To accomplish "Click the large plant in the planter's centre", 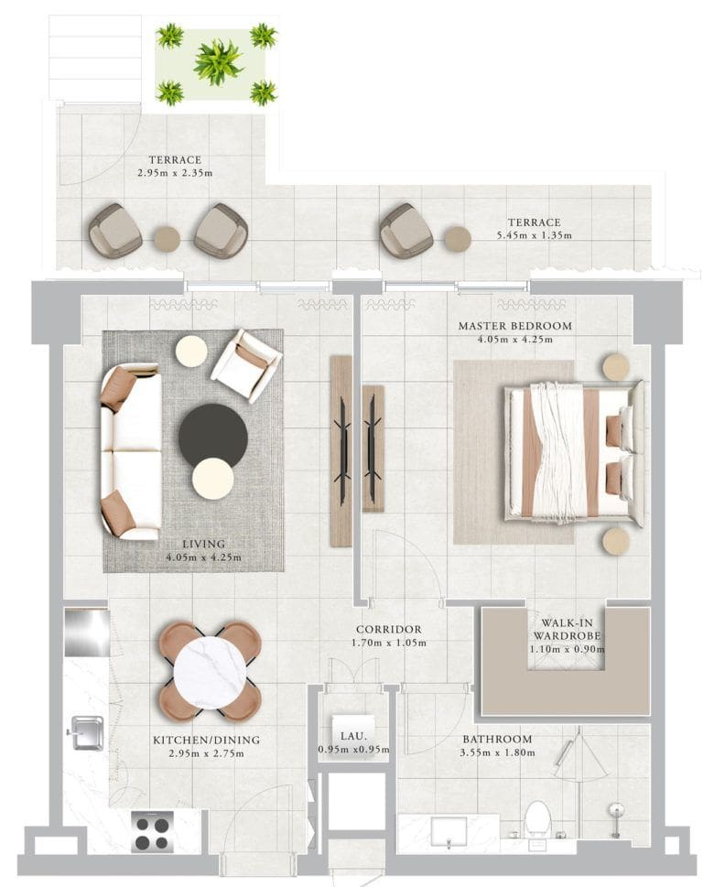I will pos(218,62).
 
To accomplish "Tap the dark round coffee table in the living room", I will pos(212,436).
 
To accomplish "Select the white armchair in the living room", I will pos(245,364).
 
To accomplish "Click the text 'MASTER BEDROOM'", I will pos(514,326).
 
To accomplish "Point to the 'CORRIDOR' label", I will pos(389,630).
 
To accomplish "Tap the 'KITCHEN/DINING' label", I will pos(206,741).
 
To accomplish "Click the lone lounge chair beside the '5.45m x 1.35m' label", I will pos(406,231).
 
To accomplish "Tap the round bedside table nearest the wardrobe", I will pos(615,541).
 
